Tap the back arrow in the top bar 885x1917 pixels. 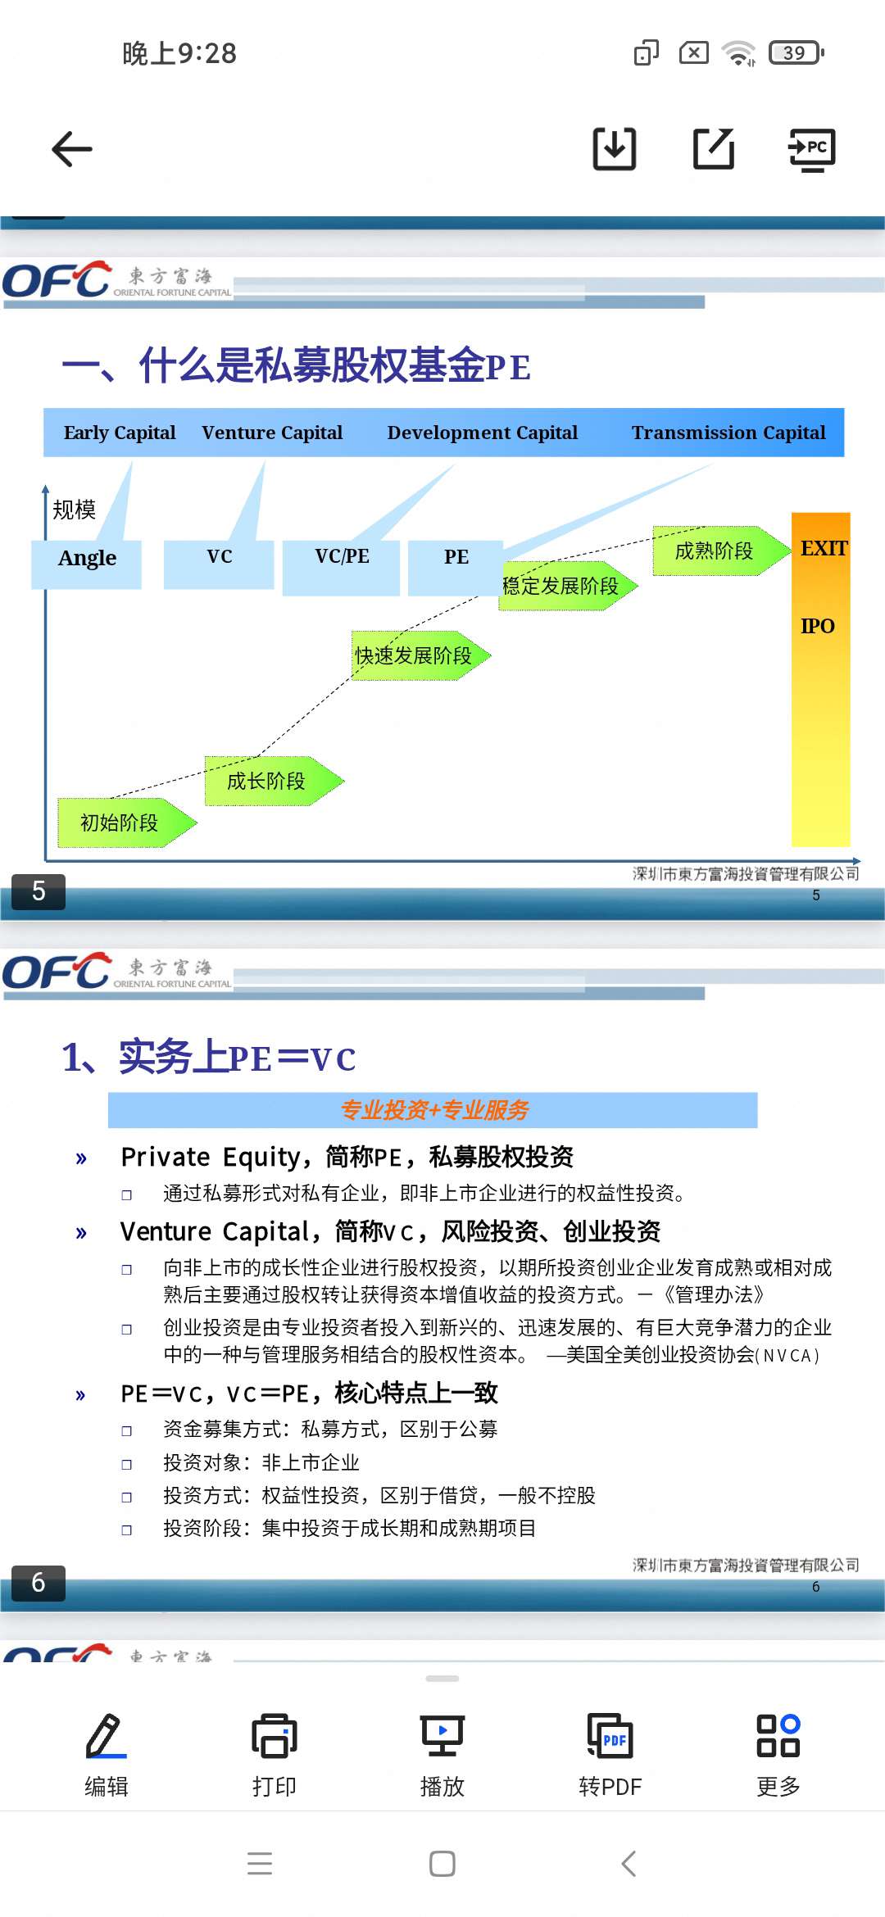[x=72, y=149]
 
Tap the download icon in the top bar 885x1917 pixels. [x=615, y=149]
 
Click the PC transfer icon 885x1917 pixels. [x=811, y=150]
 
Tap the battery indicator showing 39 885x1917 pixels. [x=796, y=52]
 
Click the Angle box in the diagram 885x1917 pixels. [x=86, y=564]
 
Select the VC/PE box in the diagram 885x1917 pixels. [x=341, y=567]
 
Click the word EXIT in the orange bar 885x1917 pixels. [x=824, y=548]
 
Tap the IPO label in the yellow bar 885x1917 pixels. [x=817, y=626]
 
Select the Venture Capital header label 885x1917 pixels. [x=272, y=433]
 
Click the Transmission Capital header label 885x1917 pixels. [x=728, y=433]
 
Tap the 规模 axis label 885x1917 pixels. [x=74, y=510]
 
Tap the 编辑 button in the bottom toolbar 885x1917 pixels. [x=107, y=1754]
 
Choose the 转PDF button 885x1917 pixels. [x=610, y=1754]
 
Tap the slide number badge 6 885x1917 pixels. [x=39, y=1582]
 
